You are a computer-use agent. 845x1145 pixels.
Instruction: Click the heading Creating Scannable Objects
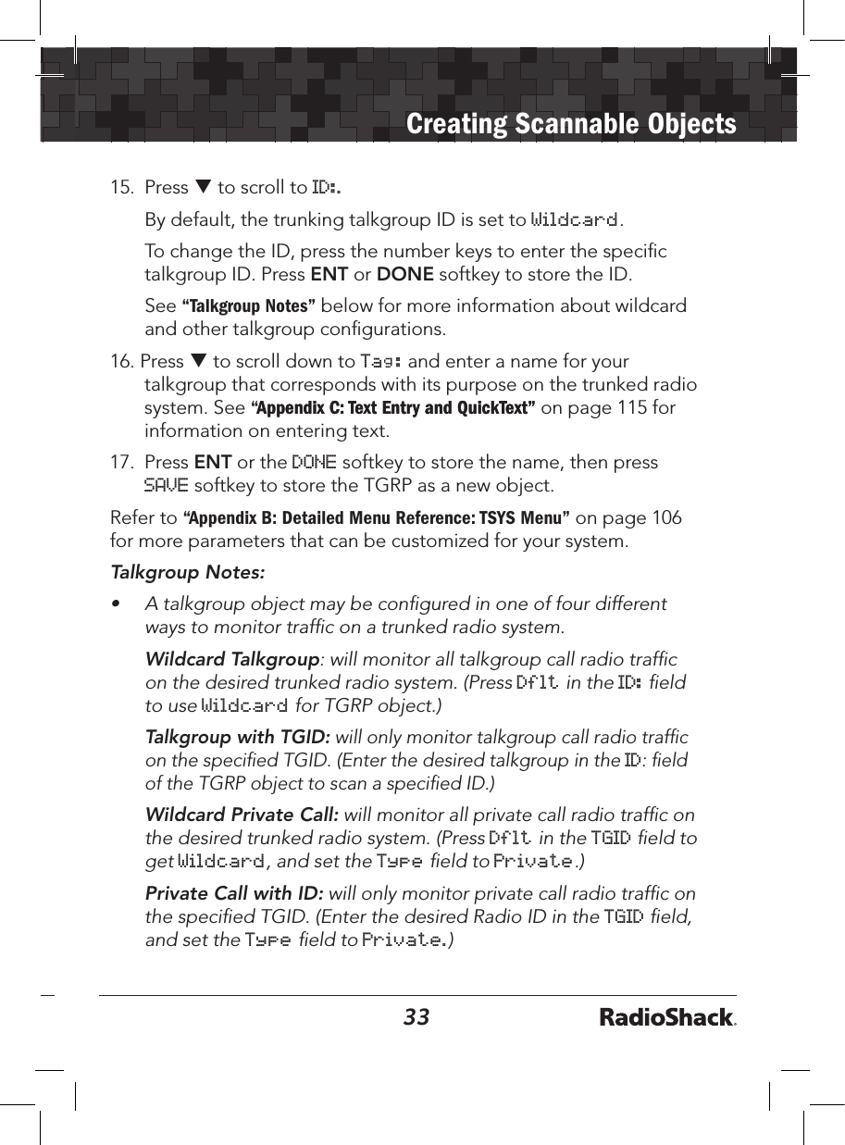click(571, 124)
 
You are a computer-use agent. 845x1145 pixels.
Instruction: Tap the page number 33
click(416, 1017)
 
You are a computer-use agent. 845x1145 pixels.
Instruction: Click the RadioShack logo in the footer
click(667, 1018)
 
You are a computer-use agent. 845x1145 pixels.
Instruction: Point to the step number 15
click(120, 188)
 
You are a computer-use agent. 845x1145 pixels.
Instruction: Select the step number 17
click(120, 462)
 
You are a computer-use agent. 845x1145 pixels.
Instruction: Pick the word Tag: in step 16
click(380, 362)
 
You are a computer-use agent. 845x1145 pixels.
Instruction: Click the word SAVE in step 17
click(167, 485)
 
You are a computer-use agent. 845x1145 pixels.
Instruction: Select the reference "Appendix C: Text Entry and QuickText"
click(393, 409)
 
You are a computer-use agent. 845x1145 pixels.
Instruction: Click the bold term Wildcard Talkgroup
click(232, 660)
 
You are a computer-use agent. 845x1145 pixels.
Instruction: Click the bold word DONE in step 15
click(403, 275)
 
